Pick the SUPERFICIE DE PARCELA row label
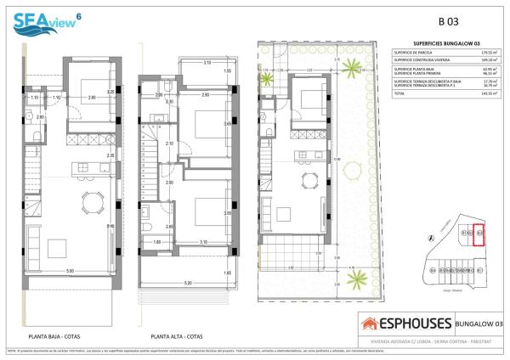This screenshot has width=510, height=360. pyautogui.click(x=416, y=52)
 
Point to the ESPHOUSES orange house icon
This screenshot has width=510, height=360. pyautogui.click(x=370, y=323)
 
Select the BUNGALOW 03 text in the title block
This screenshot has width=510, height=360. pyautogui.click(x=479, y=323)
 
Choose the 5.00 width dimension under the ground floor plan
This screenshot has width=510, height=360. pyautogui.click(x=71, y=271)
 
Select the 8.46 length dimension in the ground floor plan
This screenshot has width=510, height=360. pyautogui.click(x=110, y=227)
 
